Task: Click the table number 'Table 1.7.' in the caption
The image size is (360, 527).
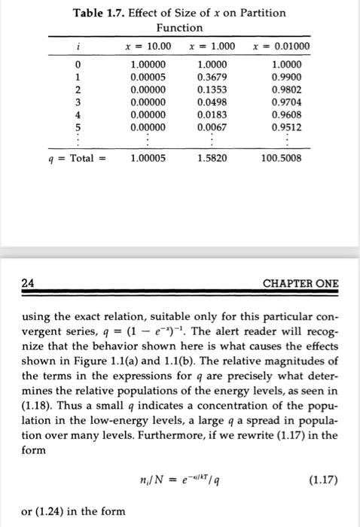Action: [99, 12]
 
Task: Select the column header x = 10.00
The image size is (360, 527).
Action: [148, 47]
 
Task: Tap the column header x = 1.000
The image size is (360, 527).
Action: [212, 47]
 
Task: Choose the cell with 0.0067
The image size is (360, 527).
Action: [212, 126]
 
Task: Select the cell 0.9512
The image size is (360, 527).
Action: [288, 126]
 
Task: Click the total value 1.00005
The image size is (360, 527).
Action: [149, 160]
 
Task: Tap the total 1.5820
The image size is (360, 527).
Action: [212, 160]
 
